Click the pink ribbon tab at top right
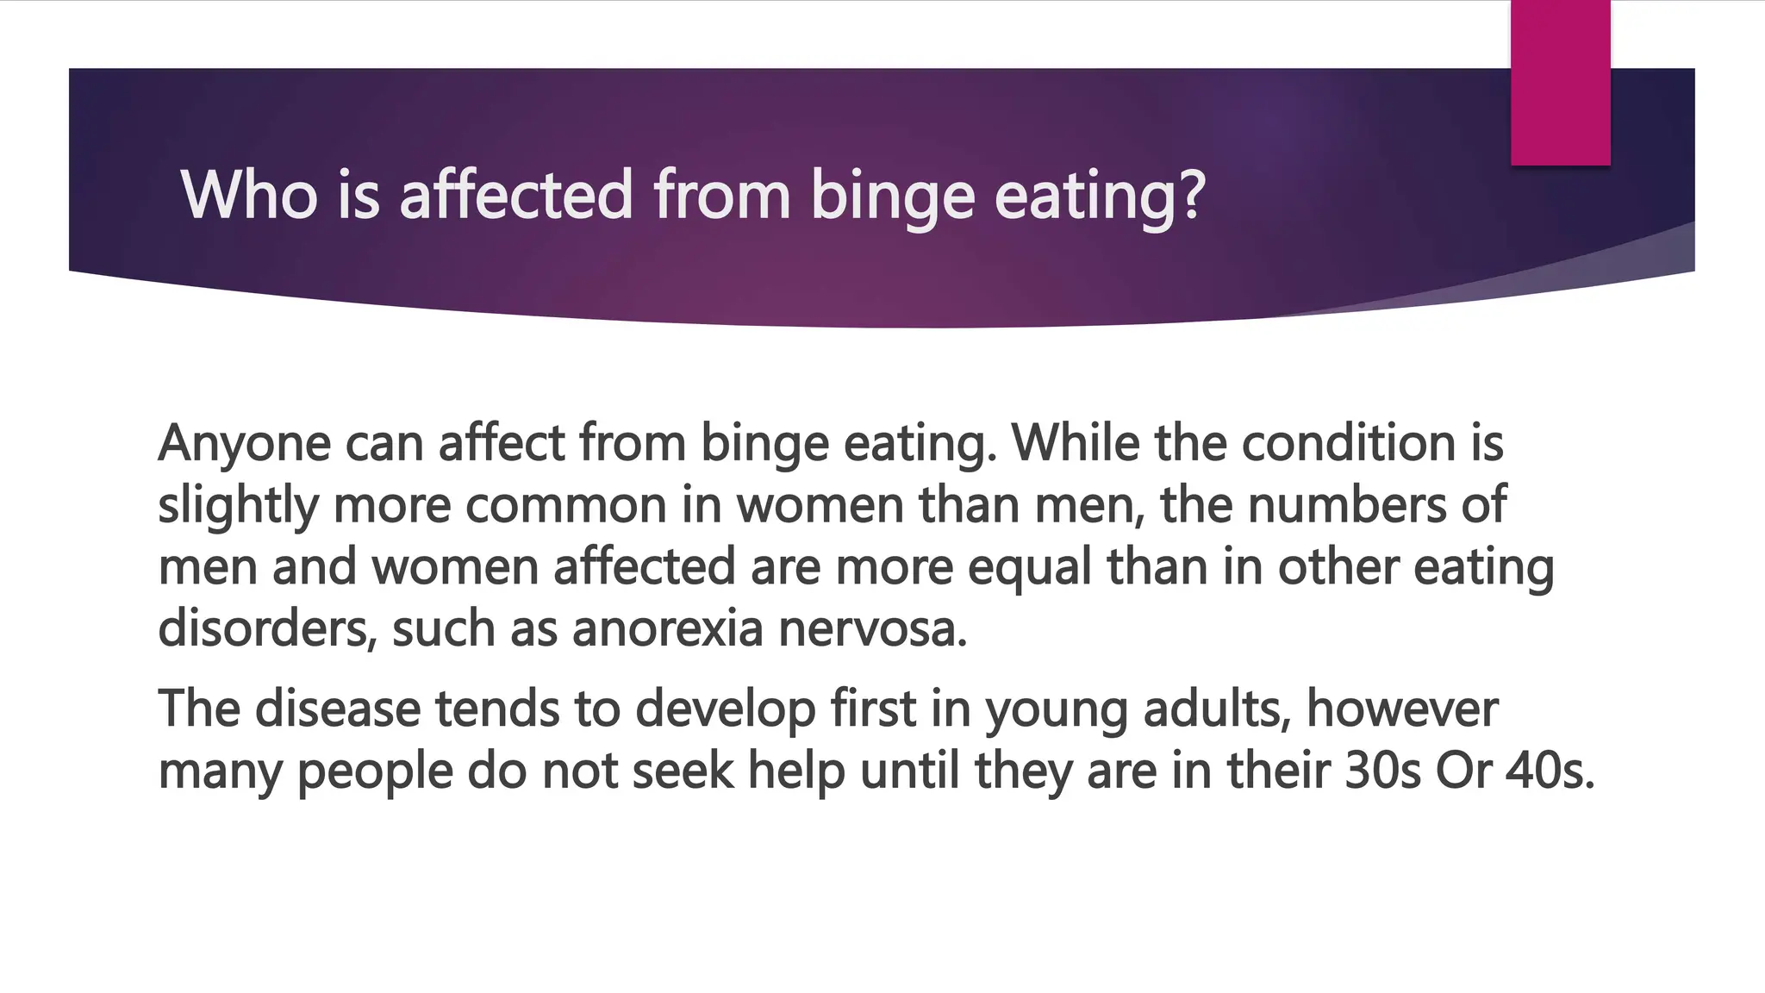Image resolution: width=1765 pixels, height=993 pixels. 1560,83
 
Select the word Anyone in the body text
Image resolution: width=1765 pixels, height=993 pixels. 245,444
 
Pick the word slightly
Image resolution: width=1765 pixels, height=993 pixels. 239,506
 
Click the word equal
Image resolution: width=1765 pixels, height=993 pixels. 1030,568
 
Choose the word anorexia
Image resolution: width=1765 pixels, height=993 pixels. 668,629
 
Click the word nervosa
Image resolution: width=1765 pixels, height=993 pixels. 872,629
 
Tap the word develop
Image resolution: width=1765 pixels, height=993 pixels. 725,709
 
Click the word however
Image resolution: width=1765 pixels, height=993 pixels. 1402,709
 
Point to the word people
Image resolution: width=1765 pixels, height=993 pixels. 375,771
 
